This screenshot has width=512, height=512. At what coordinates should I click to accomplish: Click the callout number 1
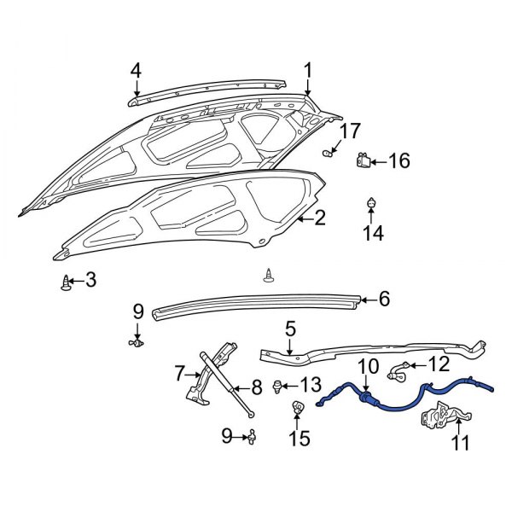click(x=307, y=70)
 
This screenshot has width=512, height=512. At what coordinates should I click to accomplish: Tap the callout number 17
click(x=351, y=131)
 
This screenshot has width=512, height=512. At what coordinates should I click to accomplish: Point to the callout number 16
click(x=399, y=160)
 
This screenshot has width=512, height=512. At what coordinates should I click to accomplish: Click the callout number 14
click(x=370, y=233)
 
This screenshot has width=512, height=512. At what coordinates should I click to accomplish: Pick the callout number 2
click(x=319, y=218)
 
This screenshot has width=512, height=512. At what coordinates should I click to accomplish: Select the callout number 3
click(x=90, y=280)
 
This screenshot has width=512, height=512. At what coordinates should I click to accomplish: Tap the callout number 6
click(x=384, y=299)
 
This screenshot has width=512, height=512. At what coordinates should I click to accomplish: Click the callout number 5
click(x=289, y=328)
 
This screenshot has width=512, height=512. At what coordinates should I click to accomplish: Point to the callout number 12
click(x=437, y=365)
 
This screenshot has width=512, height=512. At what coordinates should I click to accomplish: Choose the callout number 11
click(x=461, y=442)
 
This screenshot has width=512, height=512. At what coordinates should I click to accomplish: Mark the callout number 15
click(x=298, y=439)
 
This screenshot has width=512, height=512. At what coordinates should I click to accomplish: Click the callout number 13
click(x=310, y=386)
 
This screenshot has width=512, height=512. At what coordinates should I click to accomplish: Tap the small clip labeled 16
click(x=364, y=160)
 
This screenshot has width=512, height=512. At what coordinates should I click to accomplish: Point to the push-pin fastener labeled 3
click(x=67, y=282)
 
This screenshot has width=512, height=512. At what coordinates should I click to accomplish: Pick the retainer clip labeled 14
click(x=370, y=204)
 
